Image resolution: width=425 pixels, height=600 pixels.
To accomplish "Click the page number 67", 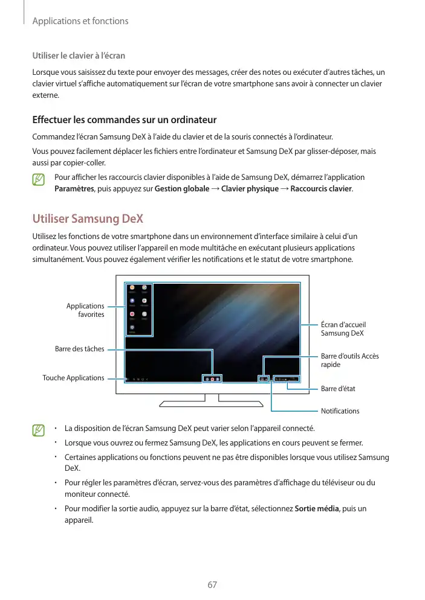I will click(212, 585).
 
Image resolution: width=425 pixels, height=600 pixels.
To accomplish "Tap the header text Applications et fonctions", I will click(80, 21).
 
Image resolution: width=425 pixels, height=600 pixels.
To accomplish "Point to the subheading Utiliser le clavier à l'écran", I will click(79, 56).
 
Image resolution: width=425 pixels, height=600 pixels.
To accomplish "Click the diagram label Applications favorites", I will click(85, 310).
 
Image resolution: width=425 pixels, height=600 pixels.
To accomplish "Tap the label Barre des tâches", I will click(79, 349).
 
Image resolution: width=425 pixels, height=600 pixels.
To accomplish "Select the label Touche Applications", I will click(73, 378).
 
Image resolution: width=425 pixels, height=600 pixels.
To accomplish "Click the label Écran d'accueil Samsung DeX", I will click(343, 329).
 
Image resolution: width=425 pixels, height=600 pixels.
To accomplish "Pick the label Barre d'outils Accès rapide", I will click(350, 360).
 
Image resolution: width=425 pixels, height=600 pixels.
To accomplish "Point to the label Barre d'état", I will click(338, 389).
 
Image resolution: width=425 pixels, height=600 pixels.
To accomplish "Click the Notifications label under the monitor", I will click(340, 411).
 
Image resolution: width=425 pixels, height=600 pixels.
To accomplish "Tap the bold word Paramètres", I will click(73, 189).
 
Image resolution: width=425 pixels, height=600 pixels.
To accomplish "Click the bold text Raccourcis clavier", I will click(321, 189).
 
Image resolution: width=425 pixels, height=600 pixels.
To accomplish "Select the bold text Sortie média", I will click(316, 509).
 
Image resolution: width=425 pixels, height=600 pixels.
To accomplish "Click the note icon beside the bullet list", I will click(39, 430).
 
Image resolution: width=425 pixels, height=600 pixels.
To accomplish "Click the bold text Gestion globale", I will click(181, 189).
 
